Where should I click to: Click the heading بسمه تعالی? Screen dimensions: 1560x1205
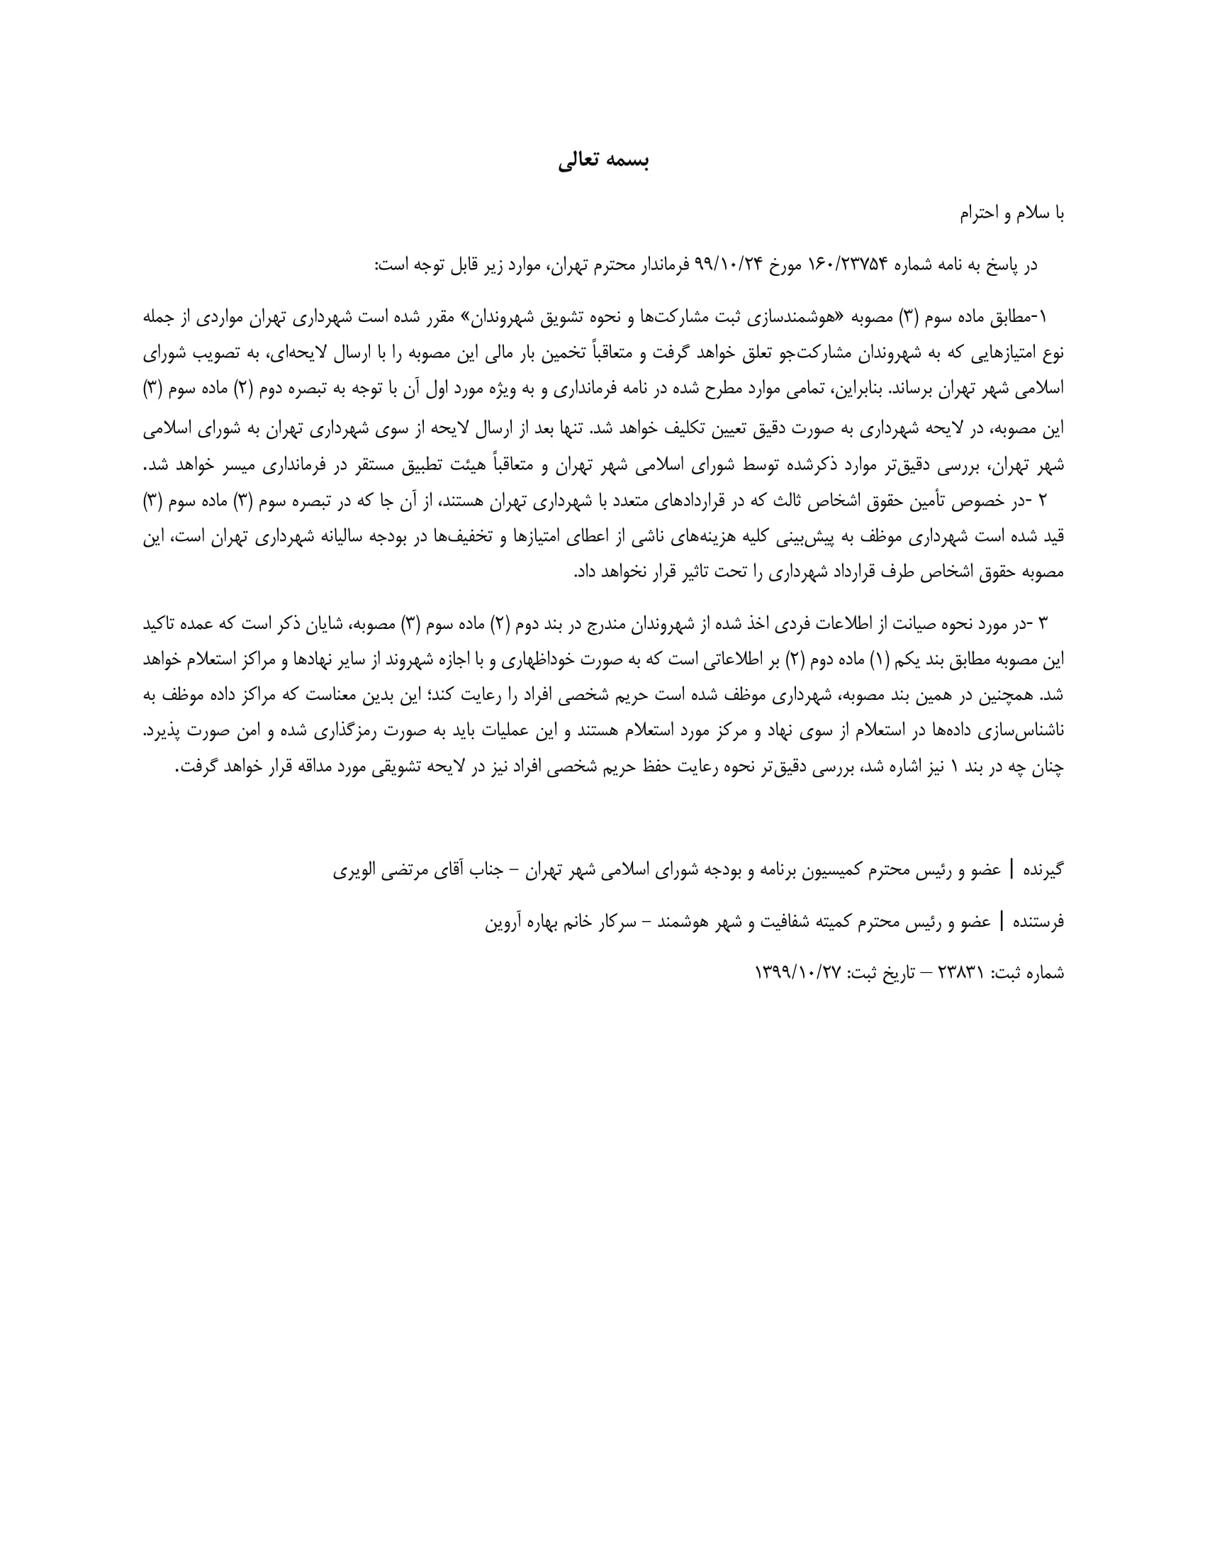pyautogui.click(x=603, y=161)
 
